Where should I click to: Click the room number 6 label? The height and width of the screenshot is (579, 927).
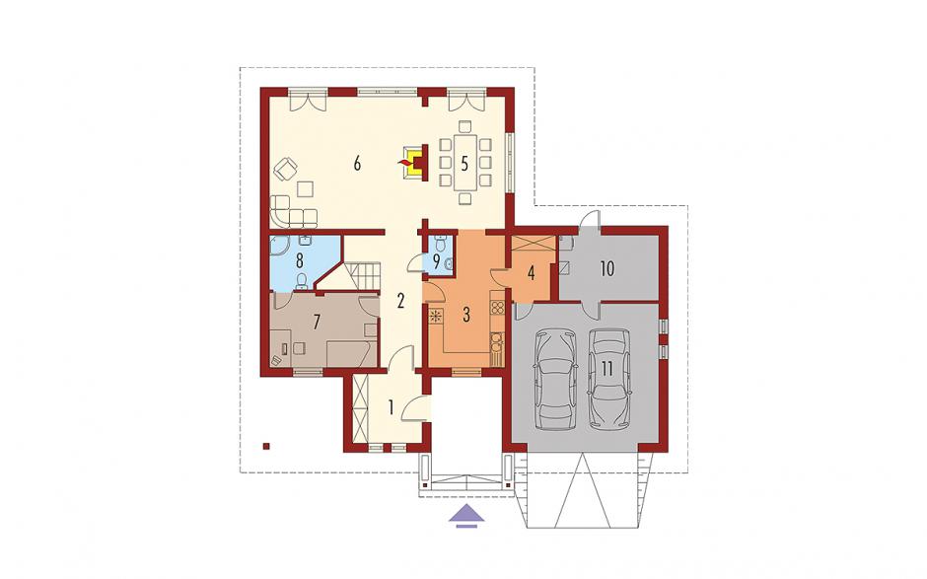click(x=357, y=163)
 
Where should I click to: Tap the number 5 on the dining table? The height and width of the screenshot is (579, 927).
click(x=464, y=163)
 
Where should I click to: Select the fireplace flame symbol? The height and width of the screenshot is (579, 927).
click(x=405, y=161)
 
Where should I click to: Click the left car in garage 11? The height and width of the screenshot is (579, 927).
click(x=554, y=381)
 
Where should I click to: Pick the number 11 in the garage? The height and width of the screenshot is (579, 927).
click(x=606, y=368)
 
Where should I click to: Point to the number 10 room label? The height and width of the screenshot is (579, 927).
click(x=607, y=268)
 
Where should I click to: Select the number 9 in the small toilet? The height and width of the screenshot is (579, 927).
click(x=437, y=260)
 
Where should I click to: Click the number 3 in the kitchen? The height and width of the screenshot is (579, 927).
click(x=466, y=315)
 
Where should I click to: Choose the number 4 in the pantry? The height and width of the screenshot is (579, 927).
click(x=531, y=273)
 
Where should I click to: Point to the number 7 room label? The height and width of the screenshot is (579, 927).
click(x=317, y=323)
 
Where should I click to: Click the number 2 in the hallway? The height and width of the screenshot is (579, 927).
click(x=400, y=302)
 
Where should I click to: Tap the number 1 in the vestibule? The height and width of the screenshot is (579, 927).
click(x=392, y=407)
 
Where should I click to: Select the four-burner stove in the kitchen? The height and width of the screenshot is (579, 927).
click(x=497, y=307)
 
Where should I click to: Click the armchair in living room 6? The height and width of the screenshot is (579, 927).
click(x=287, y=169)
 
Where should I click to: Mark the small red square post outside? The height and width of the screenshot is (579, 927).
click(x=267, y=446)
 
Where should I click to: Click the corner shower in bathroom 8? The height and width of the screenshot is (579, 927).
click(x=279, y=249)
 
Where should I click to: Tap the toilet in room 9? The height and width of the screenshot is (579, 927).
click(x=440, y=243)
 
